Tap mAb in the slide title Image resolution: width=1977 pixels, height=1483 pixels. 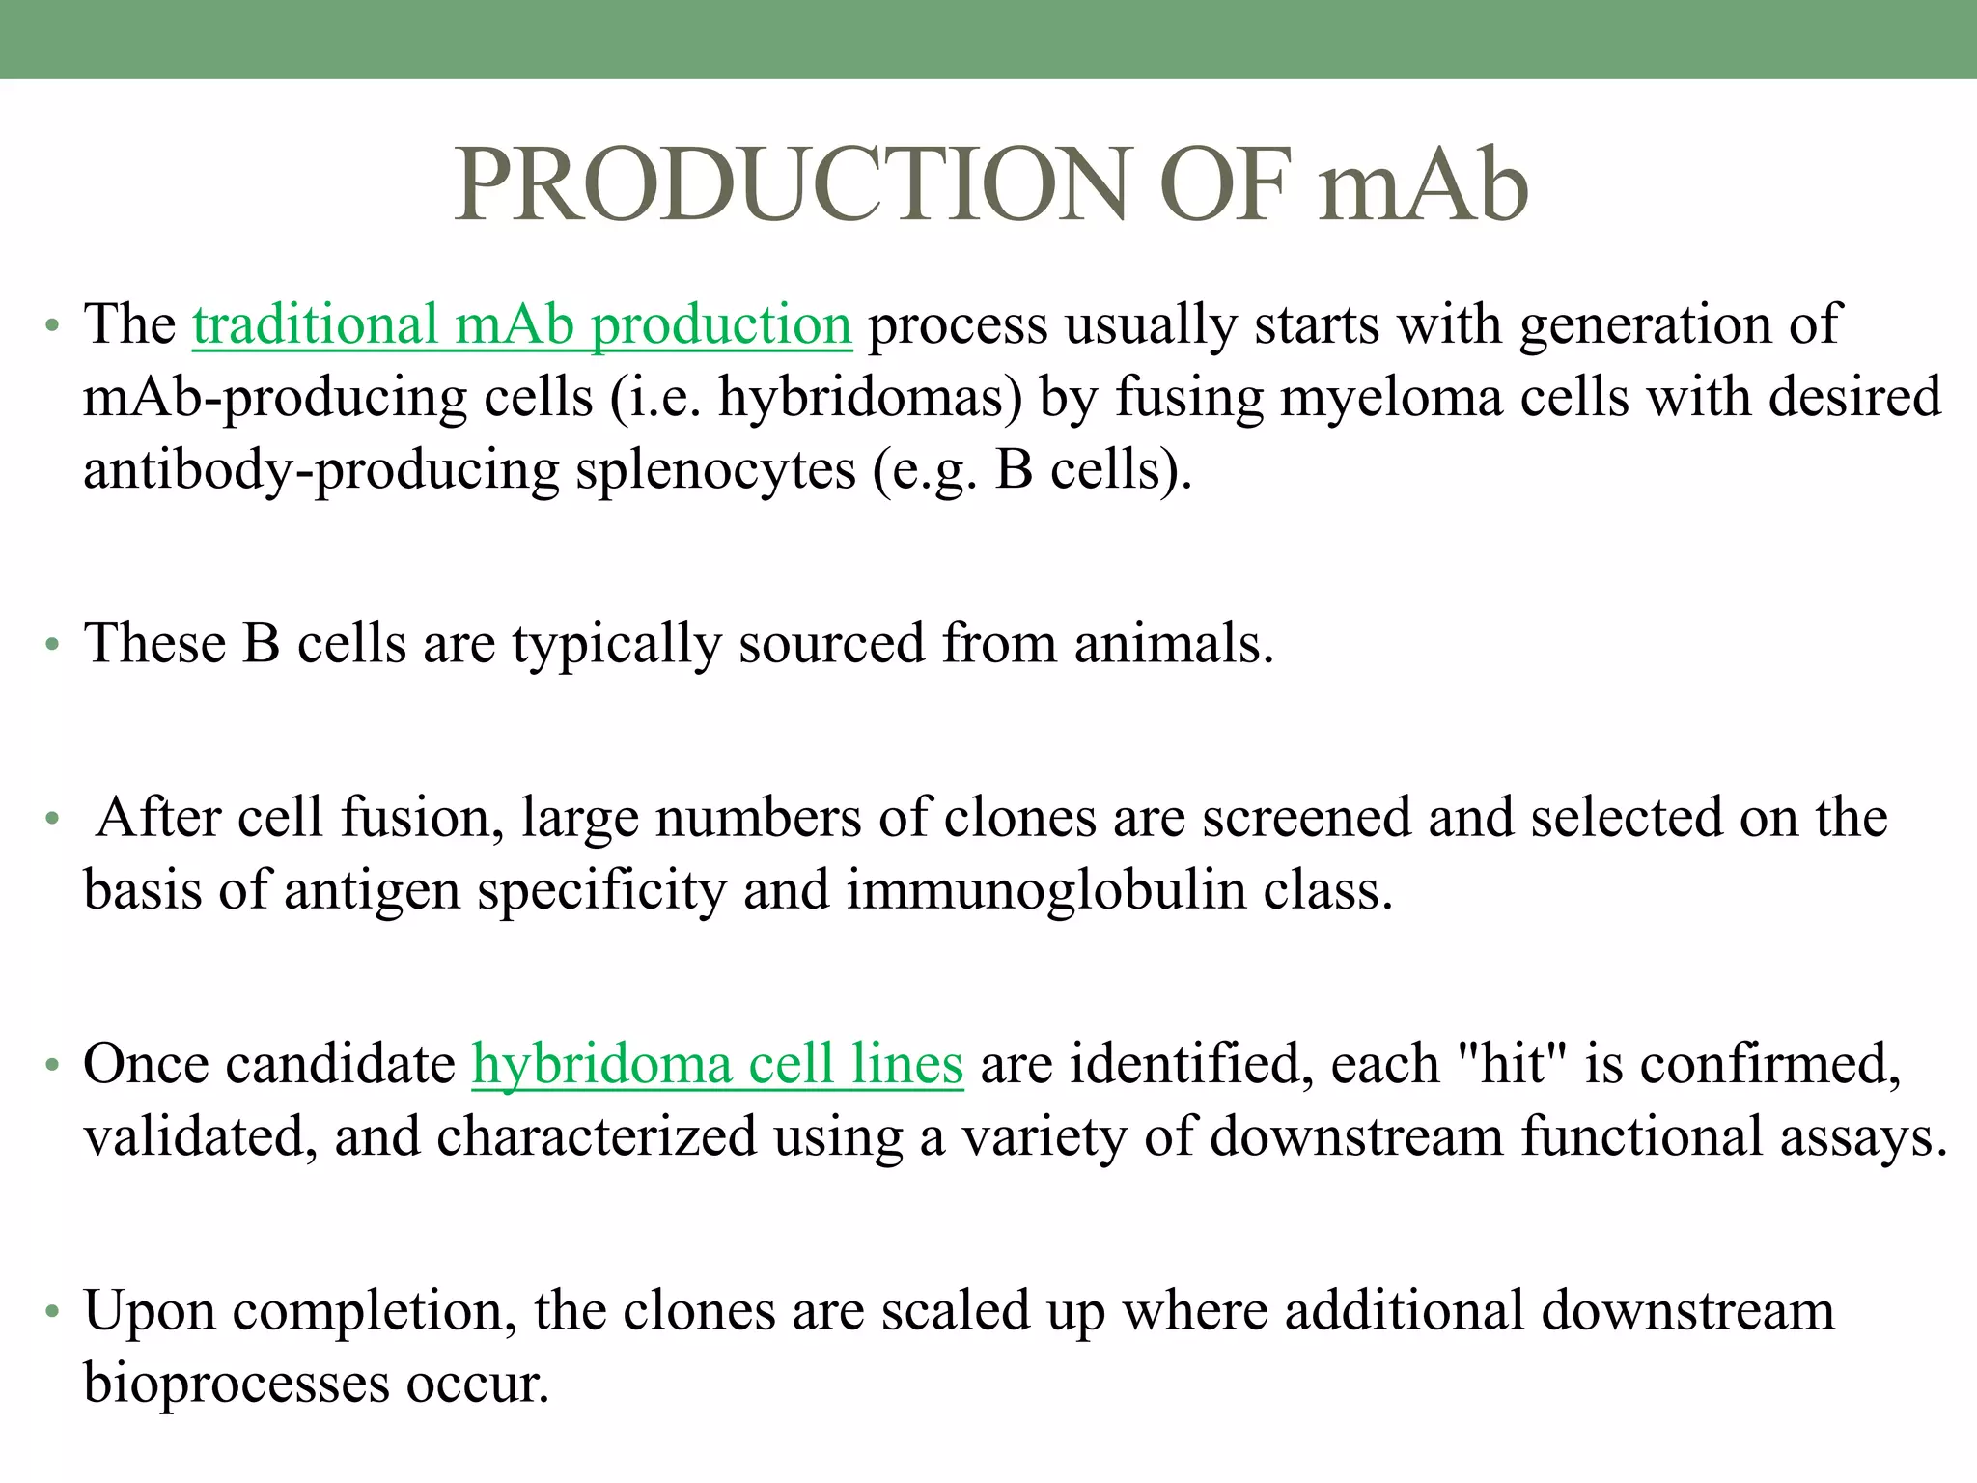coord(1423,184)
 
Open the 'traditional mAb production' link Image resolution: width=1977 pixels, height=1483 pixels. coord(521,324)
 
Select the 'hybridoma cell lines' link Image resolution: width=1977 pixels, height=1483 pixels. coord(717,1064)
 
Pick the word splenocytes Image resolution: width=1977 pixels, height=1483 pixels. coord(715,470)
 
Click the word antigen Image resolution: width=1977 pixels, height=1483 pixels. coord(372,890)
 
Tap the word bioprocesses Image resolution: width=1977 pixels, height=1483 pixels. coord(236,1384)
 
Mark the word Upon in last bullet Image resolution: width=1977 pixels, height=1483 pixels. coord(149,1311)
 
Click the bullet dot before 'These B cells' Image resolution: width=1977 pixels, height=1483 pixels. coord(52,645)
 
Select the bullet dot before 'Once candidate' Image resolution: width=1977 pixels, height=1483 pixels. coord(52,1066)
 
